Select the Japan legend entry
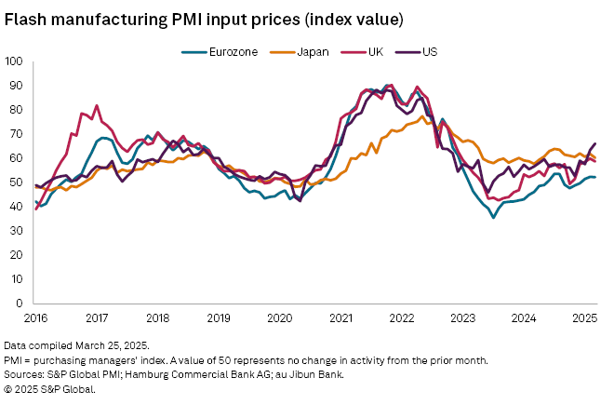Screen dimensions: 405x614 pos(311,52)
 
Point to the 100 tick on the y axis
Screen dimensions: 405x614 pos(14,62)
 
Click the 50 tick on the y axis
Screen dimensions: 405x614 pos(17,182)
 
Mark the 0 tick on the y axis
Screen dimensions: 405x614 pos(20,304)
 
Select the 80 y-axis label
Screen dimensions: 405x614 pos(17,110)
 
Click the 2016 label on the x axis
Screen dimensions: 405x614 pos(34,317)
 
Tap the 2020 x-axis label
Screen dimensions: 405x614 pos(280,317)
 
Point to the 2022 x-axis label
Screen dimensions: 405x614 pos(402,317)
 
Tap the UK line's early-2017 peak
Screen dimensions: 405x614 pos(97,105)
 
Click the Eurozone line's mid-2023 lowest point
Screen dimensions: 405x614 pos(494,217)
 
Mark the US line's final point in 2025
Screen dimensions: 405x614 pos(595,143)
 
